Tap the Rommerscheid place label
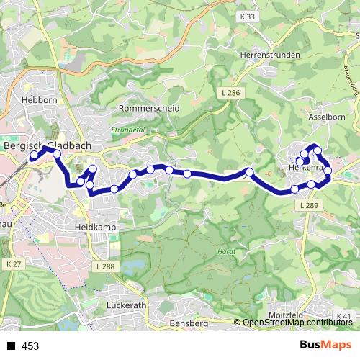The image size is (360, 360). coord(148,108)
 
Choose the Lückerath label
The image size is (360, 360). coord(125,305)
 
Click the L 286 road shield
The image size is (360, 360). coord(228,93)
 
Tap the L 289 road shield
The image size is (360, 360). coord(307,205)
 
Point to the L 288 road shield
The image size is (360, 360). coord(105,266)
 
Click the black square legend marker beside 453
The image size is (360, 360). coord(11,346)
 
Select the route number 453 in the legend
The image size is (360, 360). coord(30,346)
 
